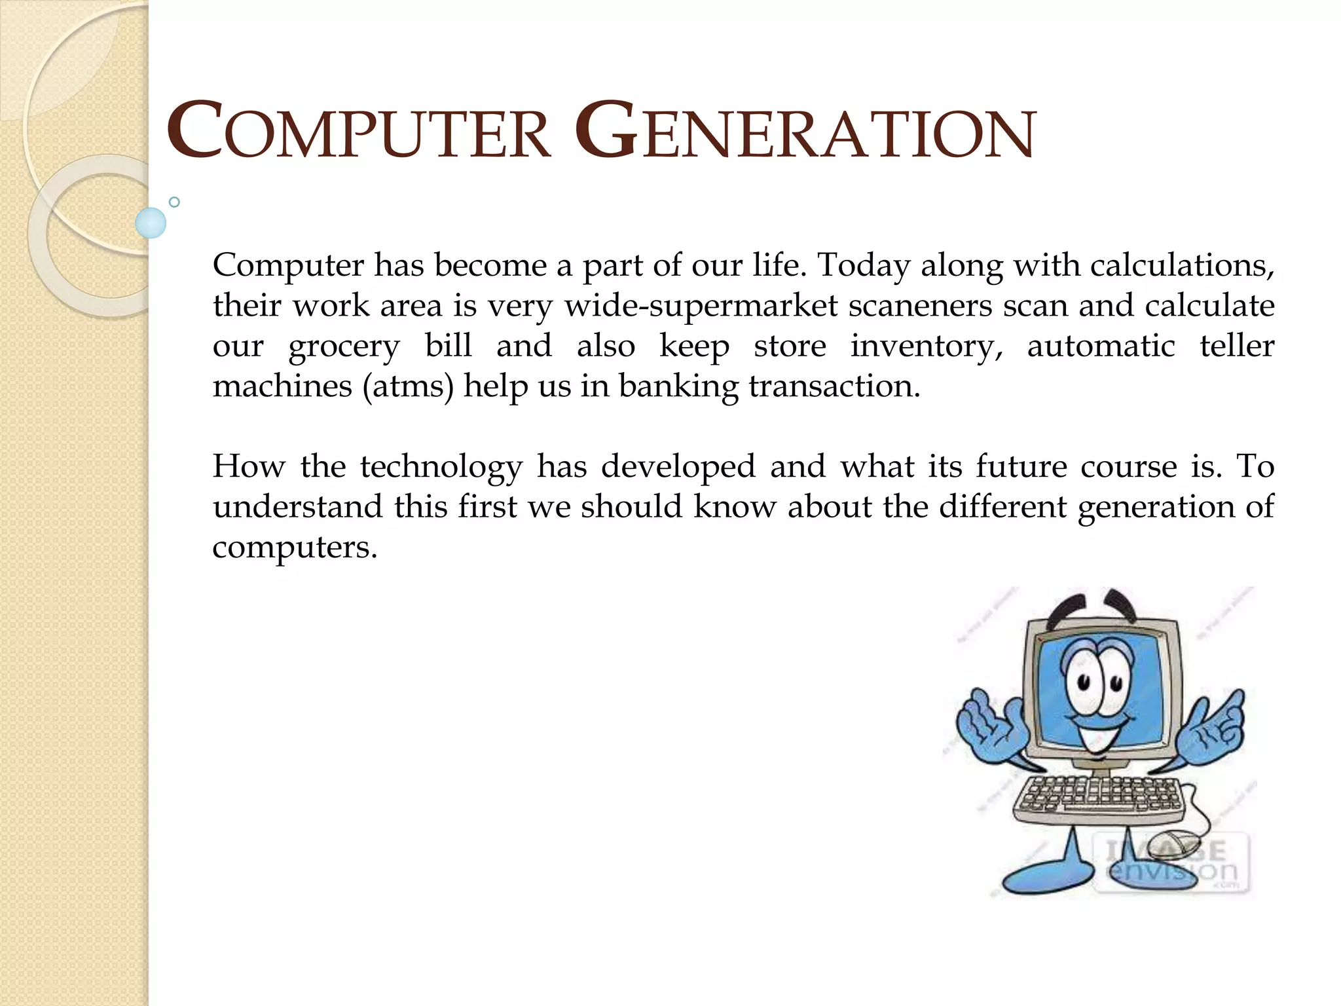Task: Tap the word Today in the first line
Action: pos(864,266)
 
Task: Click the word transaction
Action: pos(834,386)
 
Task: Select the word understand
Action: pos(298,507)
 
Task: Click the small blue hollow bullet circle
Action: pos(174,202)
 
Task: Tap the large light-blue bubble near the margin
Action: pos(151,223)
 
